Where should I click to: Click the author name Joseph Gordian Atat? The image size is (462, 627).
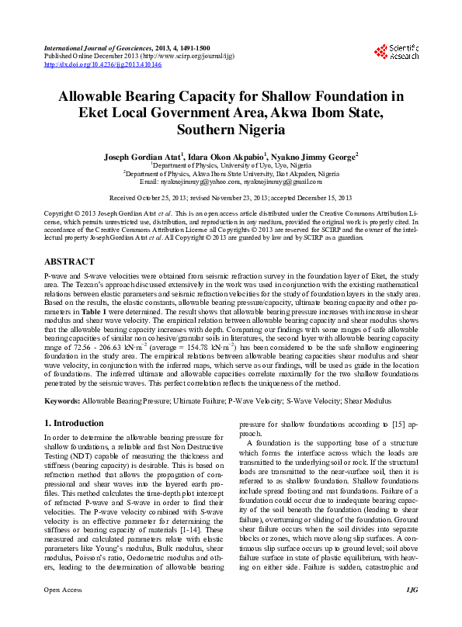pos(141,156)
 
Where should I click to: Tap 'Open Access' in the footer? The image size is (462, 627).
pos(62,612)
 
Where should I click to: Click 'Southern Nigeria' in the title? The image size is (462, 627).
pos(231,130)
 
